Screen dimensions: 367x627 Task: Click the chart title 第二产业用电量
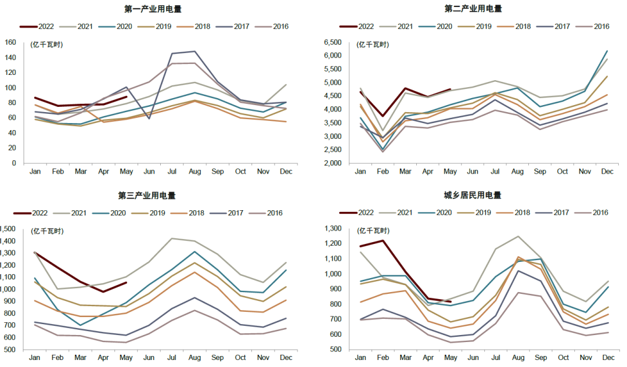click(x=473, y=9)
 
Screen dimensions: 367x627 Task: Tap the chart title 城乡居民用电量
click(x=472, y=196)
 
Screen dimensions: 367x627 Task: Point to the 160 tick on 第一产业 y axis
click(x=10, y=42)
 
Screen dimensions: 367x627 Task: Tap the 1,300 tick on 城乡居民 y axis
click(x=331, y=229)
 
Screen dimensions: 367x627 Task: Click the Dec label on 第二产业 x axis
click(x=607, y=172)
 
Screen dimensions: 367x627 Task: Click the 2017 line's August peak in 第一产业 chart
click(x=194, y=52)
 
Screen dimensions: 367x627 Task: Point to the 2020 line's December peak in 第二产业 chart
click(x=607, y=51)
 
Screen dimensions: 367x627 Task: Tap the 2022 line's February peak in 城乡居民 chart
click(x=383, y=240)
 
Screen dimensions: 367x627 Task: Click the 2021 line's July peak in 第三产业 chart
click(x=171, y=238)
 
